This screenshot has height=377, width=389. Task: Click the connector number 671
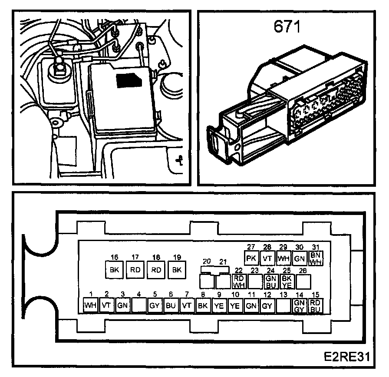(287, 27)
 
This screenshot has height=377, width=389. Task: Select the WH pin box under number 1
(90, 305)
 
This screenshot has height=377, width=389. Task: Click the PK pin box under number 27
(251, 258)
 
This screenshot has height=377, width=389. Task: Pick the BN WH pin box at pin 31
(316, 258)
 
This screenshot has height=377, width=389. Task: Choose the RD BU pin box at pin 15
(316, 305)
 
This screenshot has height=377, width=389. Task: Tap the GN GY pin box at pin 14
(299, 305)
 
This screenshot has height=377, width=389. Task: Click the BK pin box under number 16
(114, 269)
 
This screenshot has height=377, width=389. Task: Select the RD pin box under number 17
(135, 269)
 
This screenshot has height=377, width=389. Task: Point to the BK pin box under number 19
(176, 269)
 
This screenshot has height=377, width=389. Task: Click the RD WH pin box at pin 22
(238, 282)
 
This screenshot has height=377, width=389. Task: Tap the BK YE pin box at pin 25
(287, 282)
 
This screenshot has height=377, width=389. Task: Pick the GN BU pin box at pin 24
(271, 282)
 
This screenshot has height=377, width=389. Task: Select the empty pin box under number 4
(139, 305)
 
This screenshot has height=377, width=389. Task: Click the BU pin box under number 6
(171, 305)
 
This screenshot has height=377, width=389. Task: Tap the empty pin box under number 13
(283, 305)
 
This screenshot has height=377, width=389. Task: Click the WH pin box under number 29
(283, 258)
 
